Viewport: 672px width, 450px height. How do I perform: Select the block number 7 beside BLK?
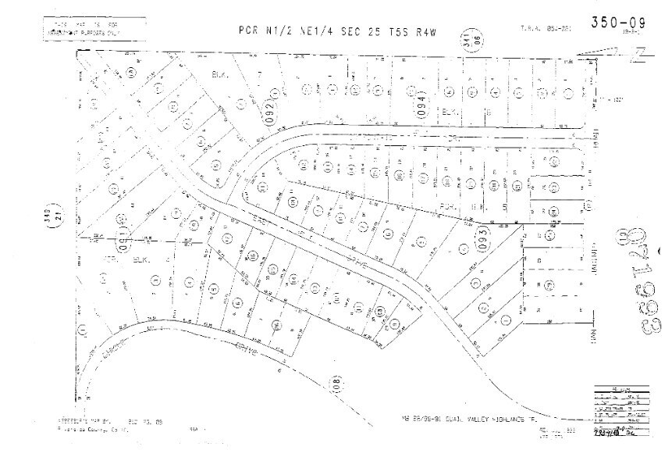(x=258, y=76)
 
